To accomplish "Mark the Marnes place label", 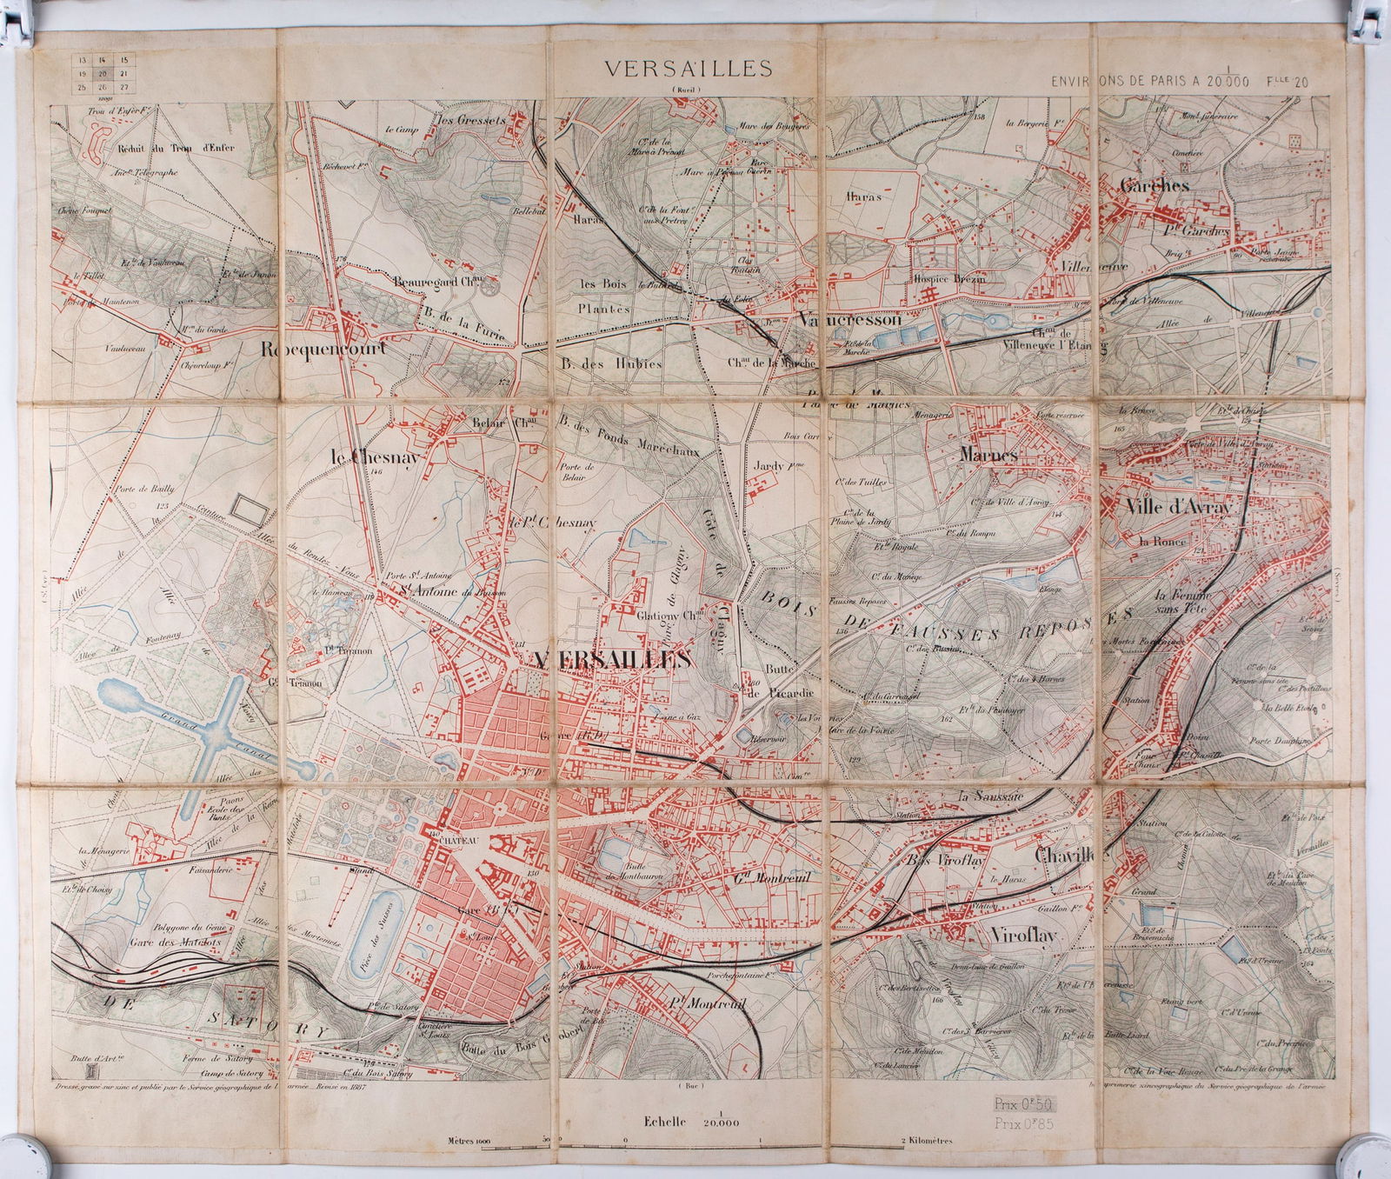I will (989, 454).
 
